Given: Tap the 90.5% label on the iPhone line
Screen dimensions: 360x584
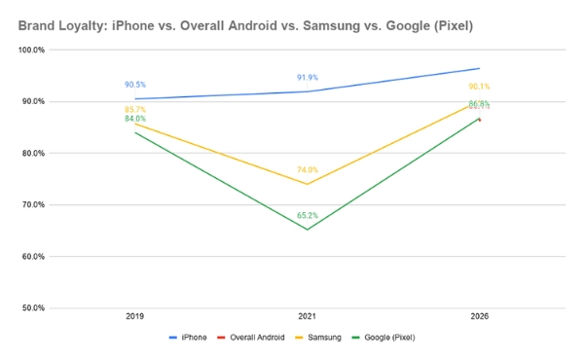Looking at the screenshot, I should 136,85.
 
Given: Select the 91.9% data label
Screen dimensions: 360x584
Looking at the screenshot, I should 308,77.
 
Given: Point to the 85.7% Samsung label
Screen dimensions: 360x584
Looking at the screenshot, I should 136,110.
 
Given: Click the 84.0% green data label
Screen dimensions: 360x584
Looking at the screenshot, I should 136,120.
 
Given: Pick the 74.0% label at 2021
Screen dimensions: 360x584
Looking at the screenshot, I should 308,170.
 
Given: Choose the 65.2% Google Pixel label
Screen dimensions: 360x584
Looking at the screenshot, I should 308,216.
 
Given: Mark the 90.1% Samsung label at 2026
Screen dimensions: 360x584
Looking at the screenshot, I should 479,87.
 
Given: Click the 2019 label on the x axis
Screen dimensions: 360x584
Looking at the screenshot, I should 136,317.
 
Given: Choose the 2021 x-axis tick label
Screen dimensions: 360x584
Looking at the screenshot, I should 308,317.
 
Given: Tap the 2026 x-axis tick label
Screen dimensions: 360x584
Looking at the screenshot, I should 479,317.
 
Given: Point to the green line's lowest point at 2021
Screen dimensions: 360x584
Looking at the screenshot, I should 308,230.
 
